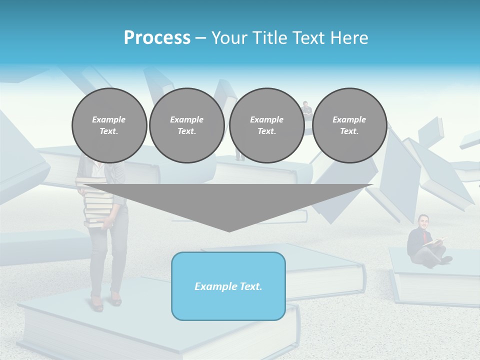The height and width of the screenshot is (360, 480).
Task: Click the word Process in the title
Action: [157, 38]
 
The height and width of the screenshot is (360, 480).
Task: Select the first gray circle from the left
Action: [109, 125]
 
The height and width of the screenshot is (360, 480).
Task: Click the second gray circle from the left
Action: [186, 125]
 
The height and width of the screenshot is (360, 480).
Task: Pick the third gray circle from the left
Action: [266, 125]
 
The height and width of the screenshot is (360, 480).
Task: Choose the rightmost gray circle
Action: [349, 125]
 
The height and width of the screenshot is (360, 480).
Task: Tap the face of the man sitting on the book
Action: [424, 220]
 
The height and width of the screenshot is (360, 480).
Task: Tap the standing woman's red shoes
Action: [105, 302]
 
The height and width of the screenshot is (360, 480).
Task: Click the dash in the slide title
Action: [200, 38]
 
